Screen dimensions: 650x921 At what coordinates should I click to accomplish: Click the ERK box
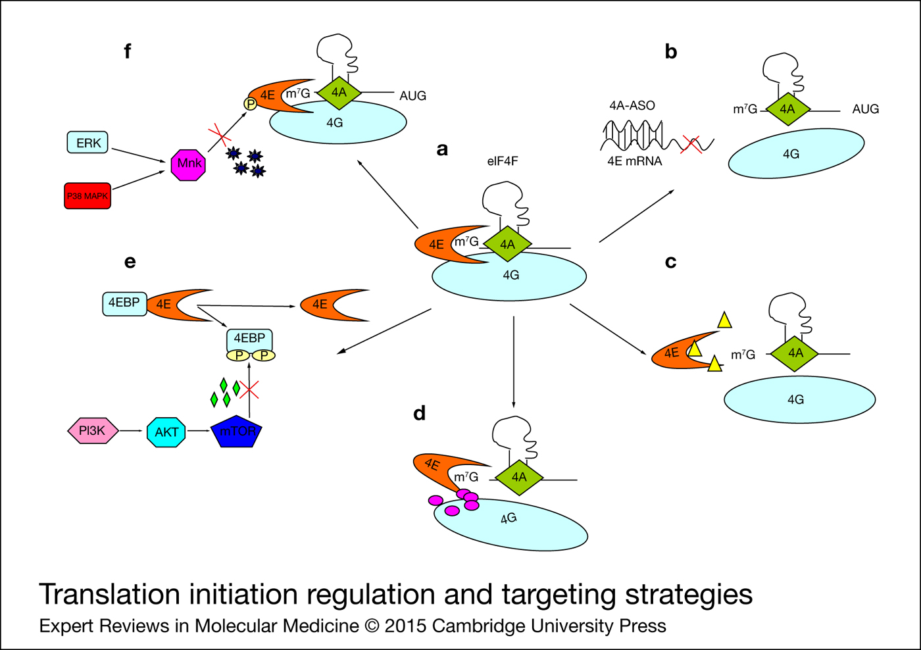coord(87,143)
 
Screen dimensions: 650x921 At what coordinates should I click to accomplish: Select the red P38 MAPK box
coord(87,196)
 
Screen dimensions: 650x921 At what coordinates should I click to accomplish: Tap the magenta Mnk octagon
coord(188,164)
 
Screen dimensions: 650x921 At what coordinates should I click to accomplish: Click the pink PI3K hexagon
coord(93,431)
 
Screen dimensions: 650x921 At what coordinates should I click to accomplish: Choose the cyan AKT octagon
coord(166,432)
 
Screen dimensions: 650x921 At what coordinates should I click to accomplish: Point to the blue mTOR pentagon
coord(237,433)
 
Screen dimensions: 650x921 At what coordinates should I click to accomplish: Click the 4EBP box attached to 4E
coord(124,303)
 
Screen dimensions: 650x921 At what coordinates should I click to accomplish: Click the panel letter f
coord(128,51)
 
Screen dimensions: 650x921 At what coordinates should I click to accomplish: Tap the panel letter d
coord(419,413)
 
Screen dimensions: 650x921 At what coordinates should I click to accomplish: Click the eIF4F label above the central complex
coord(503,161)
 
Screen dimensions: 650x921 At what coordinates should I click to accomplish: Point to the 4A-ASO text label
coord(632,105)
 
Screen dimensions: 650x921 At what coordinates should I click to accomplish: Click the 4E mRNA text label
coord(634,161)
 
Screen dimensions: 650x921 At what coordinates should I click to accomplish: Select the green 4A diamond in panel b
coord(787,109)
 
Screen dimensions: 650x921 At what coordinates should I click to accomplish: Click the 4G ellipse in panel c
coord(799,399)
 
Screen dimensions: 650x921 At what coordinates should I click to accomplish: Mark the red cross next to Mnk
coord(219,137)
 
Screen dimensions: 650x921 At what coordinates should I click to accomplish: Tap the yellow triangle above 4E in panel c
coord(724,320)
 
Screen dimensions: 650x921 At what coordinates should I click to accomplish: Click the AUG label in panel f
coord(412,96)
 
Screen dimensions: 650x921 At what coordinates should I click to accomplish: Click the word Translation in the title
coord(109,595)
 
